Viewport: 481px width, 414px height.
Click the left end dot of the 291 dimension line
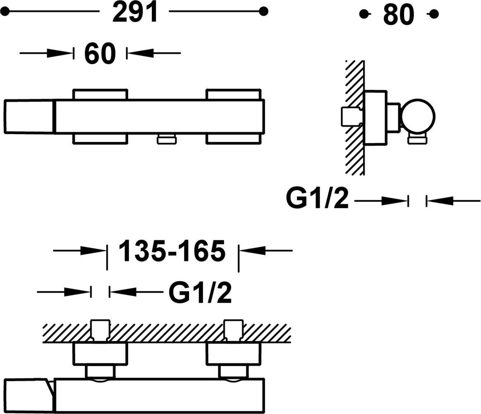click(5, 12)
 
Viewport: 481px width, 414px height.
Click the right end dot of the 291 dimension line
click(263, 11)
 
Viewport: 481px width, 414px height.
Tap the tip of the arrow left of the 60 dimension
click(73, 53)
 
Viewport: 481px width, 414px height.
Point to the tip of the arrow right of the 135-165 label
click(239, 251)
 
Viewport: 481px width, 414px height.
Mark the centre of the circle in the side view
click(418, 116)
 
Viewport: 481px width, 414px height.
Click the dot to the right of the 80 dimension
click(434, 14)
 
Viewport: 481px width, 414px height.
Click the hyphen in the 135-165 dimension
click(172, 252)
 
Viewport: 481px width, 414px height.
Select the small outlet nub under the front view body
click(167, 139)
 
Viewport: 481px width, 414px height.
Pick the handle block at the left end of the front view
click(29, 117)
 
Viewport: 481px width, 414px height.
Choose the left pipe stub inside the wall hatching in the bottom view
click(101, 330)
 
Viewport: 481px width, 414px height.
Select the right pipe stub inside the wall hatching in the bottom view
click(233, 330)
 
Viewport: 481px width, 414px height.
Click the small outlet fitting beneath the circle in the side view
click(417, 139)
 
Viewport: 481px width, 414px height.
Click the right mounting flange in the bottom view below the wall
click(234, 354)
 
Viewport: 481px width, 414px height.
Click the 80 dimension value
click(398, 15)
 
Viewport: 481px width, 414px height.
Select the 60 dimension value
click(100, 54)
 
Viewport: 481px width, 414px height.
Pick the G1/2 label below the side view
click(318, 198)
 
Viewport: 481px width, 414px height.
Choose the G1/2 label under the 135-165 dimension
click(200, 292)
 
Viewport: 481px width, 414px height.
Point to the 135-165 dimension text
click(172, 251)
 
